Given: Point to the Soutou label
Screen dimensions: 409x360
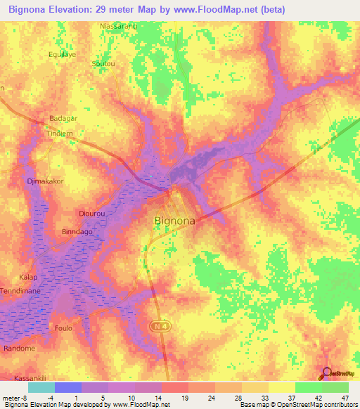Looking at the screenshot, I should (x=102, y=63).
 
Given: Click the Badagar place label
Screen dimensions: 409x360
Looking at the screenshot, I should (x=63, y=119).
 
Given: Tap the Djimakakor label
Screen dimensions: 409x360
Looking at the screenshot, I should (x=45, y=181).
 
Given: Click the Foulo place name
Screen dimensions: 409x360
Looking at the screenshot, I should (x=63, y=327).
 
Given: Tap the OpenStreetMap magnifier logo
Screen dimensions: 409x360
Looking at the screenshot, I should (x=328, y=374).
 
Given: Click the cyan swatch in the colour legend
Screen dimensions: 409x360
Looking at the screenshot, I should (x=41, y=387).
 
